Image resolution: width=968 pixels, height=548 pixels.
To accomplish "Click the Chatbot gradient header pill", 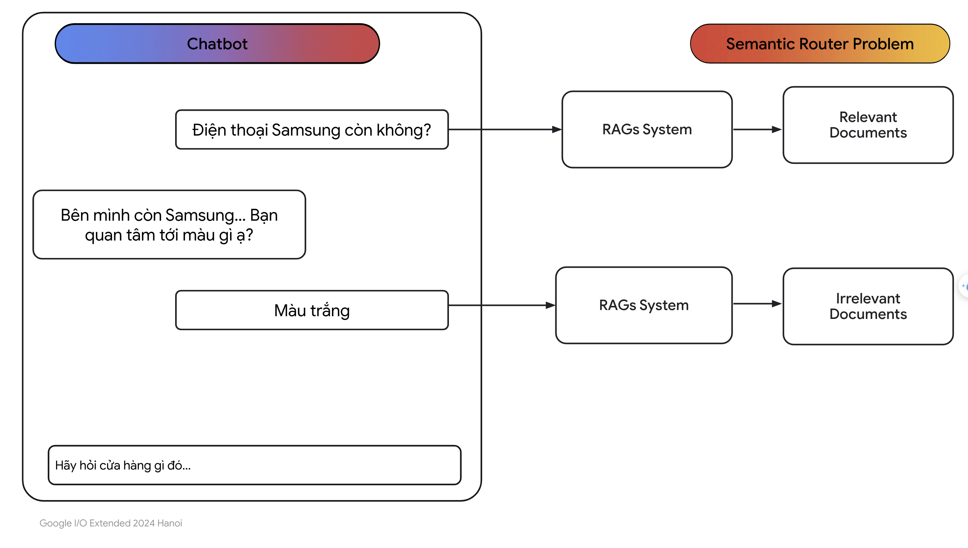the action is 217,44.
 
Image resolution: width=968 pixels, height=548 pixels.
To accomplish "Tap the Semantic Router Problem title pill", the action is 820,44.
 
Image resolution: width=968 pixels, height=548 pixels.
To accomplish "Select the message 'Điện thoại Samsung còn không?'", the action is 312,129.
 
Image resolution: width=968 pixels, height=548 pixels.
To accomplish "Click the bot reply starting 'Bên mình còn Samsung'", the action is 169,225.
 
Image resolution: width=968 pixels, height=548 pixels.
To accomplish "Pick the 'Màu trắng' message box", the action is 312,310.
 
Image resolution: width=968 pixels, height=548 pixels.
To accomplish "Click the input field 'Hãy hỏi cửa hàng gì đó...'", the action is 254,465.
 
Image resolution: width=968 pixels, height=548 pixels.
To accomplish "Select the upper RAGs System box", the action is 647,129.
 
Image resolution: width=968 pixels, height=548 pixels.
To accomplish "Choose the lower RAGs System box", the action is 644,305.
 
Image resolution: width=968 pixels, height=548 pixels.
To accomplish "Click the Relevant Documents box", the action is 868,125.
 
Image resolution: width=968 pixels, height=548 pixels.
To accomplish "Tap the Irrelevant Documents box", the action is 868,306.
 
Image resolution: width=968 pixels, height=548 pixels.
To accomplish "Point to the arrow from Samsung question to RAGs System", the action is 505,129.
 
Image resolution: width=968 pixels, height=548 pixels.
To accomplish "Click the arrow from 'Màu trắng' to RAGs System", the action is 502,305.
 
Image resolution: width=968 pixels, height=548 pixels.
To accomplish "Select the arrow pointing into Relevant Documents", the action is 758,129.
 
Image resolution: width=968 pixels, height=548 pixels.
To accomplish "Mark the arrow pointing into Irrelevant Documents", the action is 758,304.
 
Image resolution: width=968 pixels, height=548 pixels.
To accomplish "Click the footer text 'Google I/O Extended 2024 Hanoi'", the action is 111,523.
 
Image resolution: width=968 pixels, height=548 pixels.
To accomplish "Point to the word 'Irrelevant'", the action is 868,298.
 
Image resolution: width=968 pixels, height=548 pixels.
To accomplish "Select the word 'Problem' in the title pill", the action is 883,44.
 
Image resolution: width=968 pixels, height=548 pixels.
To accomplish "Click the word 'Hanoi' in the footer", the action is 170,523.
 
